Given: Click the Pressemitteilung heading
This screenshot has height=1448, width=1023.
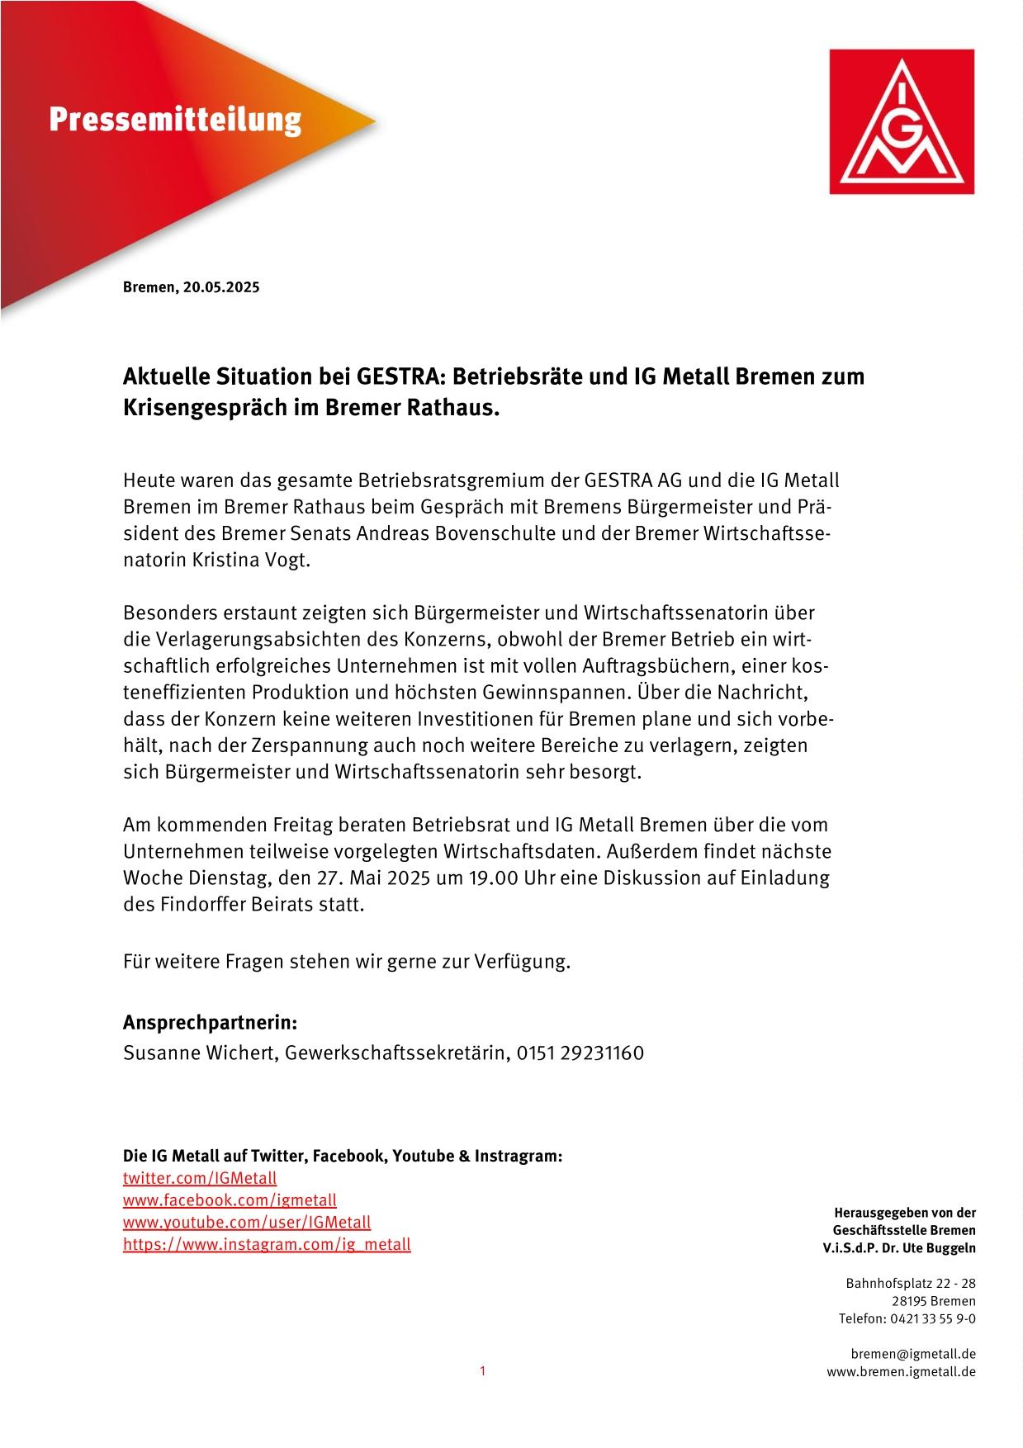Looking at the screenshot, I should tap(175, 121).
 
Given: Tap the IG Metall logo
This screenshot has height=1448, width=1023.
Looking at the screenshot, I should tap(902, 121).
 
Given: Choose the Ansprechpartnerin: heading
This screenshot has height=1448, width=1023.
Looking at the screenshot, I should tap(210, 1023).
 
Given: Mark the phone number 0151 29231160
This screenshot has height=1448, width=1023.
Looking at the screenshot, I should tap(580, 1053).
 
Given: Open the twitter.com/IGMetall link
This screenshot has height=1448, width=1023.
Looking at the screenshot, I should tap(200, 1178).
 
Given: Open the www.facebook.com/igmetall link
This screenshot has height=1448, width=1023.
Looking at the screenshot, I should tap(230, 1200).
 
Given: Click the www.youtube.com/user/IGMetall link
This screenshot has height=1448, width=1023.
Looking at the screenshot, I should tap(247, 1222).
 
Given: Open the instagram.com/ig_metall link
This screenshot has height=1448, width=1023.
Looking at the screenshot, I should tap(267, 1244).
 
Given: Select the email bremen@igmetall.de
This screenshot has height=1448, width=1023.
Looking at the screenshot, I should tap(913, 1354).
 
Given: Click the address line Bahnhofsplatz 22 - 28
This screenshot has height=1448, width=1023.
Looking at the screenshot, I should tap(910, 1283).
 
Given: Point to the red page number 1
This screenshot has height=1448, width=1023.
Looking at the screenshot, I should tap(483, 1371).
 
